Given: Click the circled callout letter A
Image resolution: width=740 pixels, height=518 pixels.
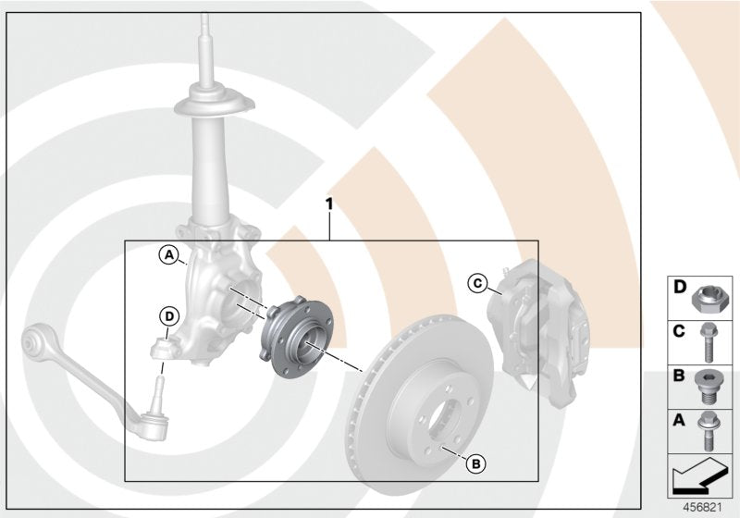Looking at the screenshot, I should pos(167,253).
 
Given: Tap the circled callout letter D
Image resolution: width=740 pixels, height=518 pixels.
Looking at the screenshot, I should pos(167,316).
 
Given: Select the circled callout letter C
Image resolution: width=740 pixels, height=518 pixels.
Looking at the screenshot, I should pos(477,282).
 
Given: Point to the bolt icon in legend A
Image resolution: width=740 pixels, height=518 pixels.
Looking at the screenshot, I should pos(710,430).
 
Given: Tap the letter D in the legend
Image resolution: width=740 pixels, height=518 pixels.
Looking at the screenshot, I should pos(680,288).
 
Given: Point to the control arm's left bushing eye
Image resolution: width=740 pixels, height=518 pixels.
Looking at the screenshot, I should pos(34,345).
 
